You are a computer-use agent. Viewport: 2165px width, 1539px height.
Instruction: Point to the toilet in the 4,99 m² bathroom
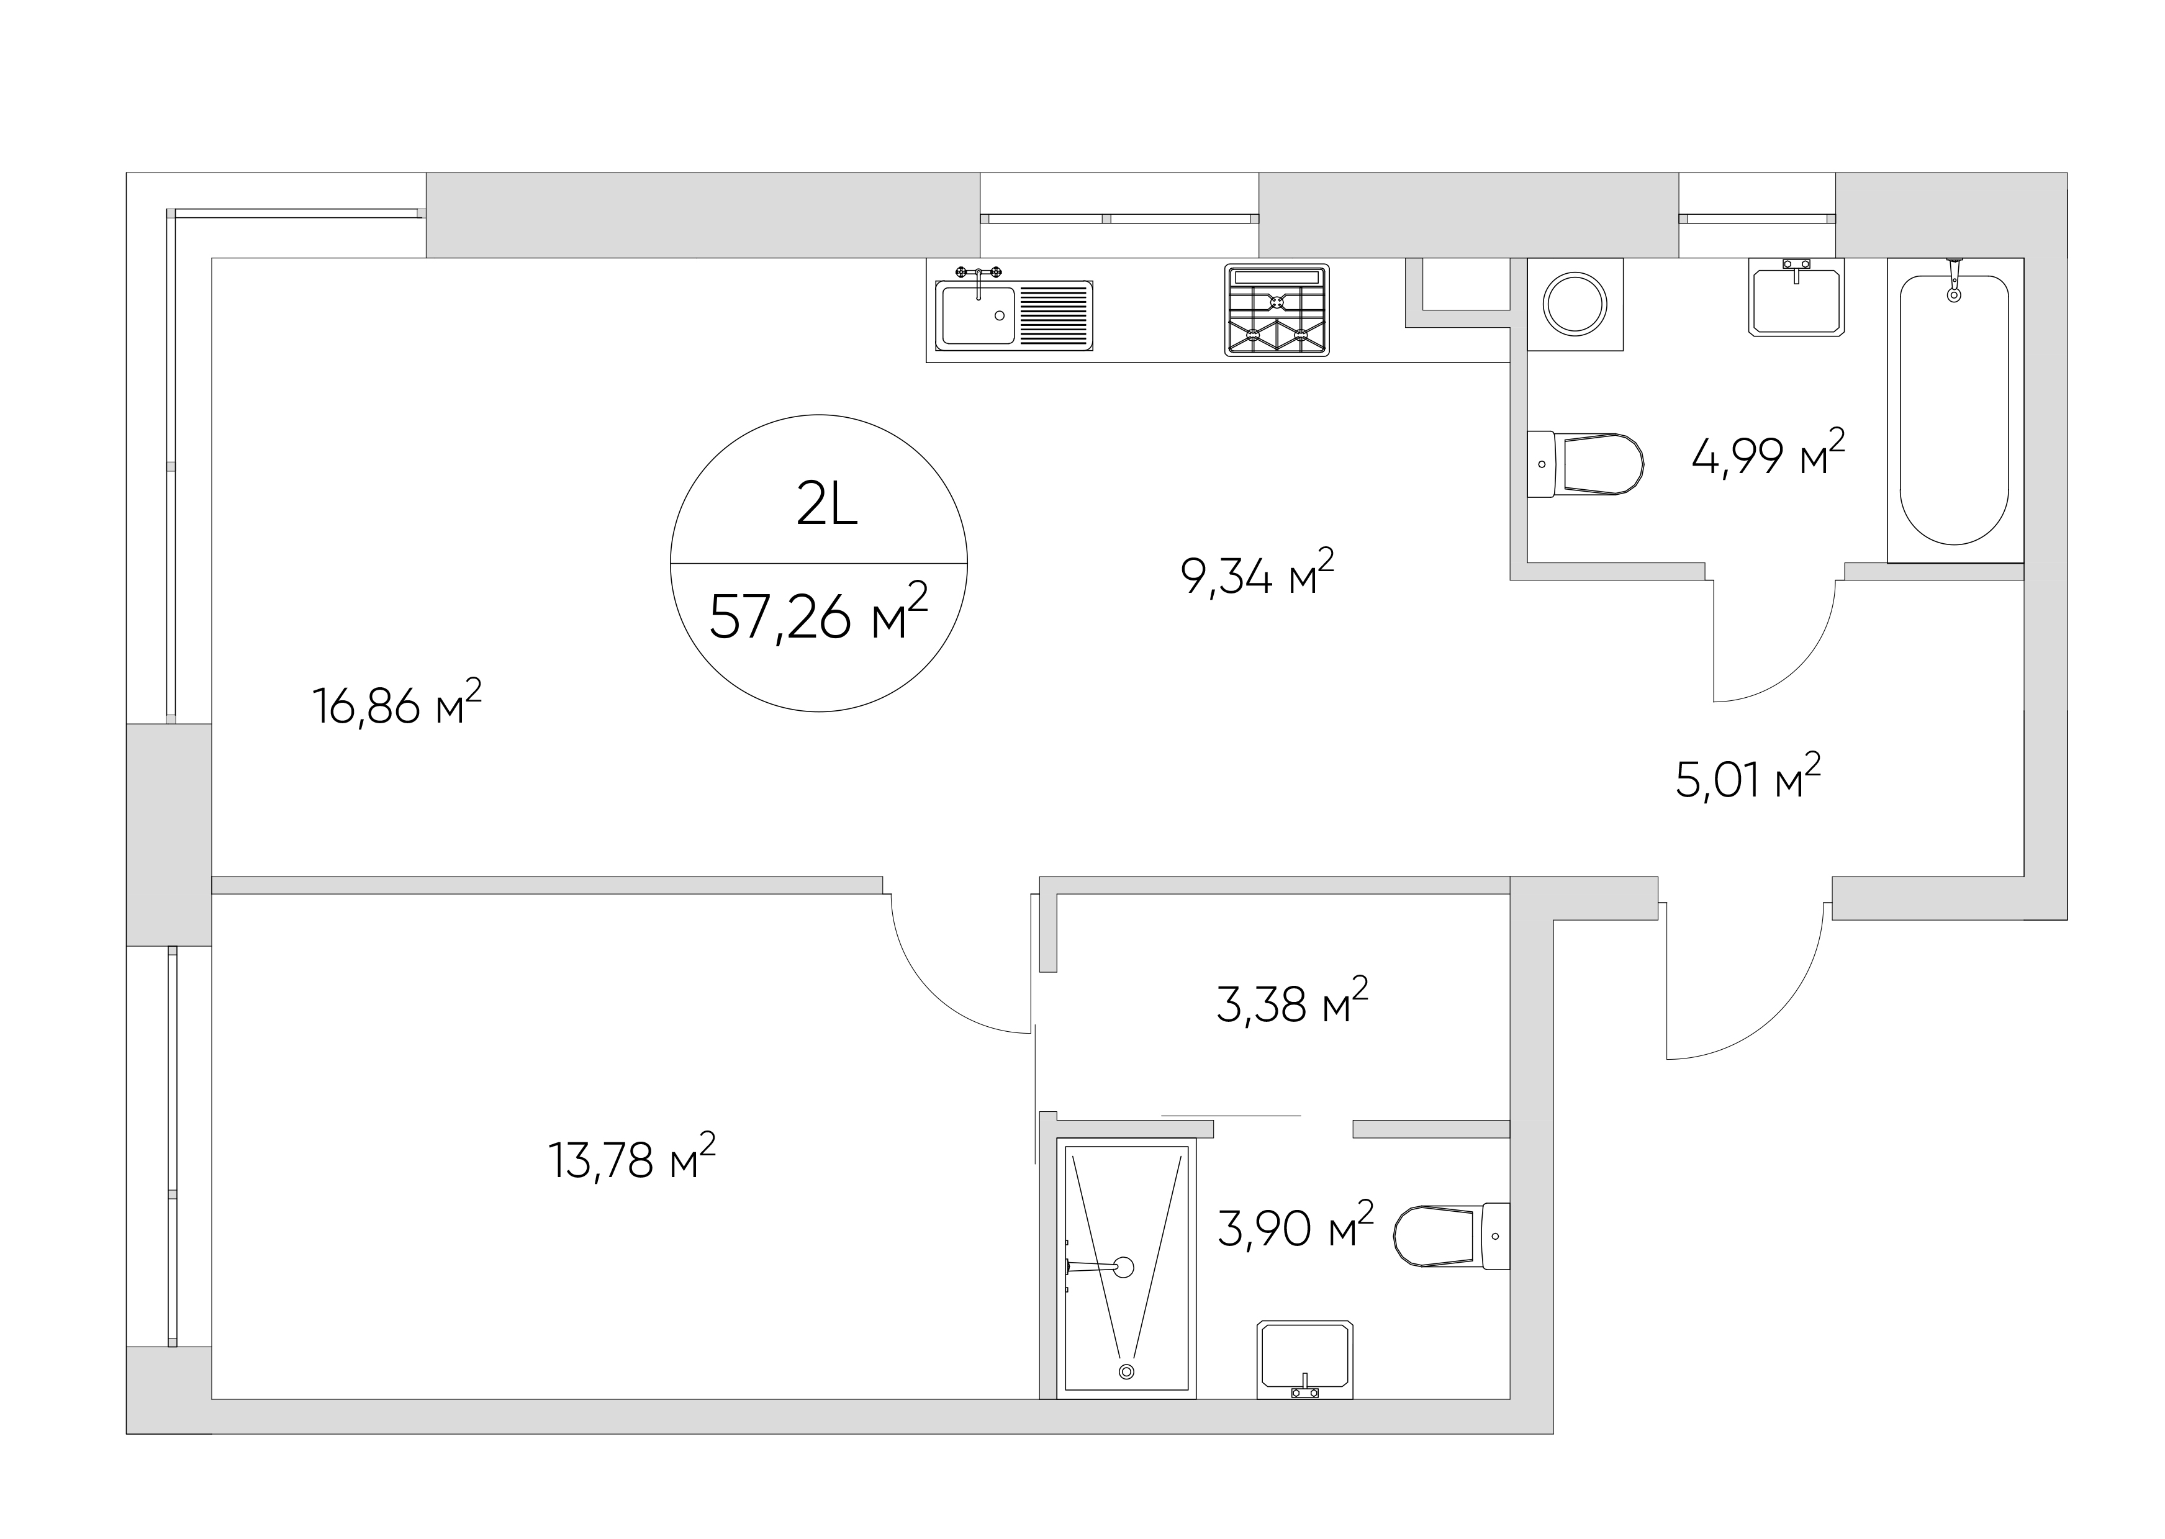tap(1585, 464)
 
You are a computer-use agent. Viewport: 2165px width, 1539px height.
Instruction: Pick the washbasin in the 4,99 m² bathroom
tap(1796, 299)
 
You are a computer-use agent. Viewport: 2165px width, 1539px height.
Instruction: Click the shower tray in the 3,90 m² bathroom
tap(1126, 1268)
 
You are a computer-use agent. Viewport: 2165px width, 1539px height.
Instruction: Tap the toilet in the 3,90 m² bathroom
tap(1452, 1236)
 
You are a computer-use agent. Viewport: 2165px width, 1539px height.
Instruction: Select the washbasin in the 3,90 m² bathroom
tap(1304, 1359)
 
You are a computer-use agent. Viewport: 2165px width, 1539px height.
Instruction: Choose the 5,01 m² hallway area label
tap(1748, 777)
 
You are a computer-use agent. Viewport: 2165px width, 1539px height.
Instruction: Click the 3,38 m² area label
tap(1293, 1001)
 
